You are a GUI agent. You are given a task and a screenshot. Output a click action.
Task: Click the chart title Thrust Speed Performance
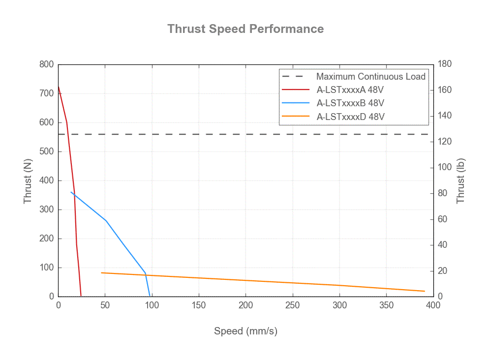click(245, 29)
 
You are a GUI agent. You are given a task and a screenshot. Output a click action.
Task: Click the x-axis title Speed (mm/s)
click(245, 331)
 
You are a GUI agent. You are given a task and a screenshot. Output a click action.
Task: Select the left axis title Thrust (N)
click(28, 180)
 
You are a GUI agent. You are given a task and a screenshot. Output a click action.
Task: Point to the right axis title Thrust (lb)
click(460, 180)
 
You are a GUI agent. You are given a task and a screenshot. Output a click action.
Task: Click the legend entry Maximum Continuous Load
click(370, 77)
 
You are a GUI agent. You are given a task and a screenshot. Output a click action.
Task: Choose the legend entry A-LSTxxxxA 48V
click(350, 90)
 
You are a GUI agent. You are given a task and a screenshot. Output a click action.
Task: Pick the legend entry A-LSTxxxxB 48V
click(350, 103)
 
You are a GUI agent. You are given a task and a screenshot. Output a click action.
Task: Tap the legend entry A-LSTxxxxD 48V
click(350, 117)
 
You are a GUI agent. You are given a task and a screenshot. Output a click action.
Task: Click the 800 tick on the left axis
click(47, 64)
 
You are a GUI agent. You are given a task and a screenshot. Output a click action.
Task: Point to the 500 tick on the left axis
click(47, 151)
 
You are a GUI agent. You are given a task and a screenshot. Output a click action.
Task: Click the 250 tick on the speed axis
click(293, 305)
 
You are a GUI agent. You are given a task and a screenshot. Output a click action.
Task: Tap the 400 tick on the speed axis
click(433, 305)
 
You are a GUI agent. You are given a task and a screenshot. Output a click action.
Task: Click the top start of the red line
click(59, 87)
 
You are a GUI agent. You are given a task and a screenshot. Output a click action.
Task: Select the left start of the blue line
click(71, 192)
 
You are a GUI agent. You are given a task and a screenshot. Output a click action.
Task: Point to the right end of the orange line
click(425, 291)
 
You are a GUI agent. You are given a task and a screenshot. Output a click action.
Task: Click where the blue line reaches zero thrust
click(150, 296)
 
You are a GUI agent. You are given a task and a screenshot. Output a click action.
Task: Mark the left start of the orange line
click(101, 272)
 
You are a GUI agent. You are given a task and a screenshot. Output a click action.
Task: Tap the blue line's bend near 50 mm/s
click(106, 221)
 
